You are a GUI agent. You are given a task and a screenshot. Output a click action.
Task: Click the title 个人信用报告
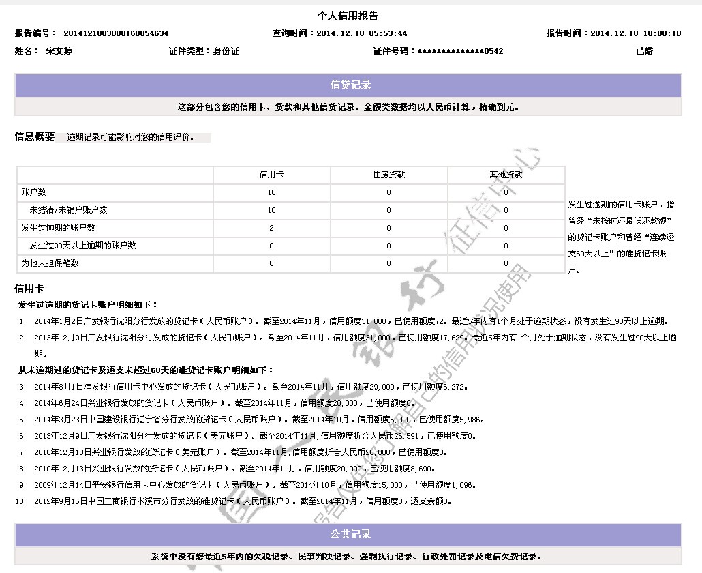348,16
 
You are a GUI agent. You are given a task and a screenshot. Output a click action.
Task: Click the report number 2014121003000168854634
116,33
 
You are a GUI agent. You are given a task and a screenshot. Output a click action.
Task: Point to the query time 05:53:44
388,33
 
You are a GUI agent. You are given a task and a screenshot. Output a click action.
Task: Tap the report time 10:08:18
662,33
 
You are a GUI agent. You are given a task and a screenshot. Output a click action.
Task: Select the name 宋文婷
59,51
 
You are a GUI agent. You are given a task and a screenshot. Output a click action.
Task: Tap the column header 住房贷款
388,175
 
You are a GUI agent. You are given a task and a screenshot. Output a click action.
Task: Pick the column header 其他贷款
506,175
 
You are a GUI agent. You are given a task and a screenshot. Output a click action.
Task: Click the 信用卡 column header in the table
271,175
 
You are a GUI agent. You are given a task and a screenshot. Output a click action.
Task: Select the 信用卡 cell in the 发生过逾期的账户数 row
271,228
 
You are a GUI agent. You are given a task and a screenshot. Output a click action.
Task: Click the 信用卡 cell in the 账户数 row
271,192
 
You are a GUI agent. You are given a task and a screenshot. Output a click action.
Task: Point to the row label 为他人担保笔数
50,263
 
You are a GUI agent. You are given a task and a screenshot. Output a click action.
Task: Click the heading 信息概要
34,137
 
